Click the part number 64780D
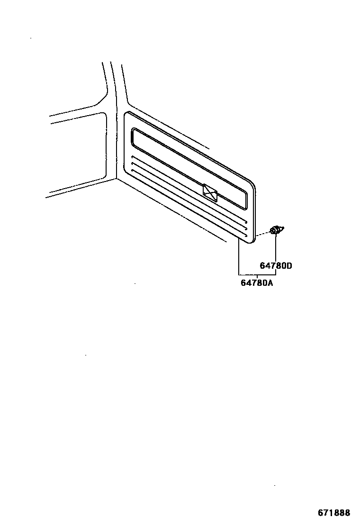276,266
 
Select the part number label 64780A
257,283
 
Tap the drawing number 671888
334,513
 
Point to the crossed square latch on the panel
210,191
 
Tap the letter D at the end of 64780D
289,266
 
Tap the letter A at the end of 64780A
271,283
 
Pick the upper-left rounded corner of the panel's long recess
134,131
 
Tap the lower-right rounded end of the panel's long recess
245,207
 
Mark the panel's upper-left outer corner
126,114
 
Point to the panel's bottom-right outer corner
252,241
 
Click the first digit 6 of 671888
321,513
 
